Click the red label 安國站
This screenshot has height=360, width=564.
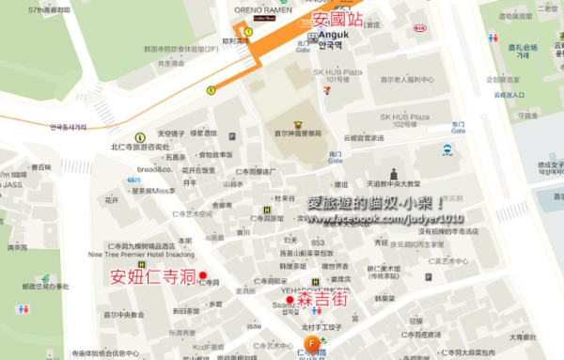[337, 18]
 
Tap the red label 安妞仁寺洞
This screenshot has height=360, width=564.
[152, 277]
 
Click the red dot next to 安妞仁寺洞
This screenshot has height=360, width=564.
[202, 275]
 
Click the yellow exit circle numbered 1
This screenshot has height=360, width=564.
[248, 31]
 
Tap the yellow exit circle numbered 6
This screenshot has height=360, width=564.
[211, 90]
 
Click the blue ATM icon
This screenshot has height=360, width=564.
[447, 149]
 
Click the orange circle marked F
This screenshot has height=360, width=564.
[310, 343]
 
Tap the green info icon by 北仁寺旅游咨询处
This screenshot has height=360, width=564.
[140, 137]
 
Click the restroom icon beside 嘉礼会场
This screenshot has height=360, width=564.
[493, 39]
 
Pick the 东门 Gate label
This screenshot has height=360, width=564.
[457, 127]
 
